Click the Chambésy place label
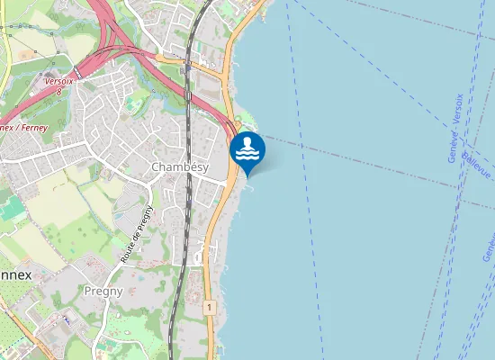coord(180,167)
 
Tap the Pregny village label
coord(103,291)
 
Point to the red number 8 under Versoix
coord(58,91)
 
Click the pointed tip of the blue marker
coord(247,175)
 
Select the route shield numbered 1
coord(210,308)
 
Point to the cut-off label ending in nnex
coord(15,274)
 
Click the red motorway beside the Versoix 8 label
coord(85,67)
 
